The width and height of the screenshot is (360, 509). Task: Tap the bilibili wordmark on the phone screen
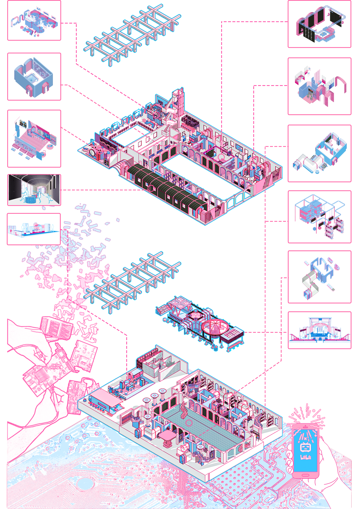pos(306,457)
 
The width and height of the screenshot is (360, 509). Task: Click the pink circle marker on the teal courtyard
pos(189,422)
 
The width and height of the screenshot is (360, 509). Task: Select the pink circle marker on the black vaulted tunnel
pos(151,188)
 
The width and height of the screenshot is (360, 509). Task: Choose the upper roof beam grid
pos(132,35)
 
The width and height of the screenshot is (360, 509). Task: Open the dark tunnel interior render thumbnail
pos(34,190)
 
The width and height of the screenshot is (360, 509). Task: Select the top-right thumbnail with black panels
pos(319,24)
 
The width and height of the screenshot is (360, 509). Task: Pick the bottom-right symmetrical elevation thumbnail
pos(319,330)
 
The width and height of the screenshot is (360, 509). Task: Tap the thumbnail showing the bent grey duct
pos(319,277)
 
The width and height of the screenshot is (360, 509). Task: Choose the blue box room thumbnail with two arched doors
pos(34,76)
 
